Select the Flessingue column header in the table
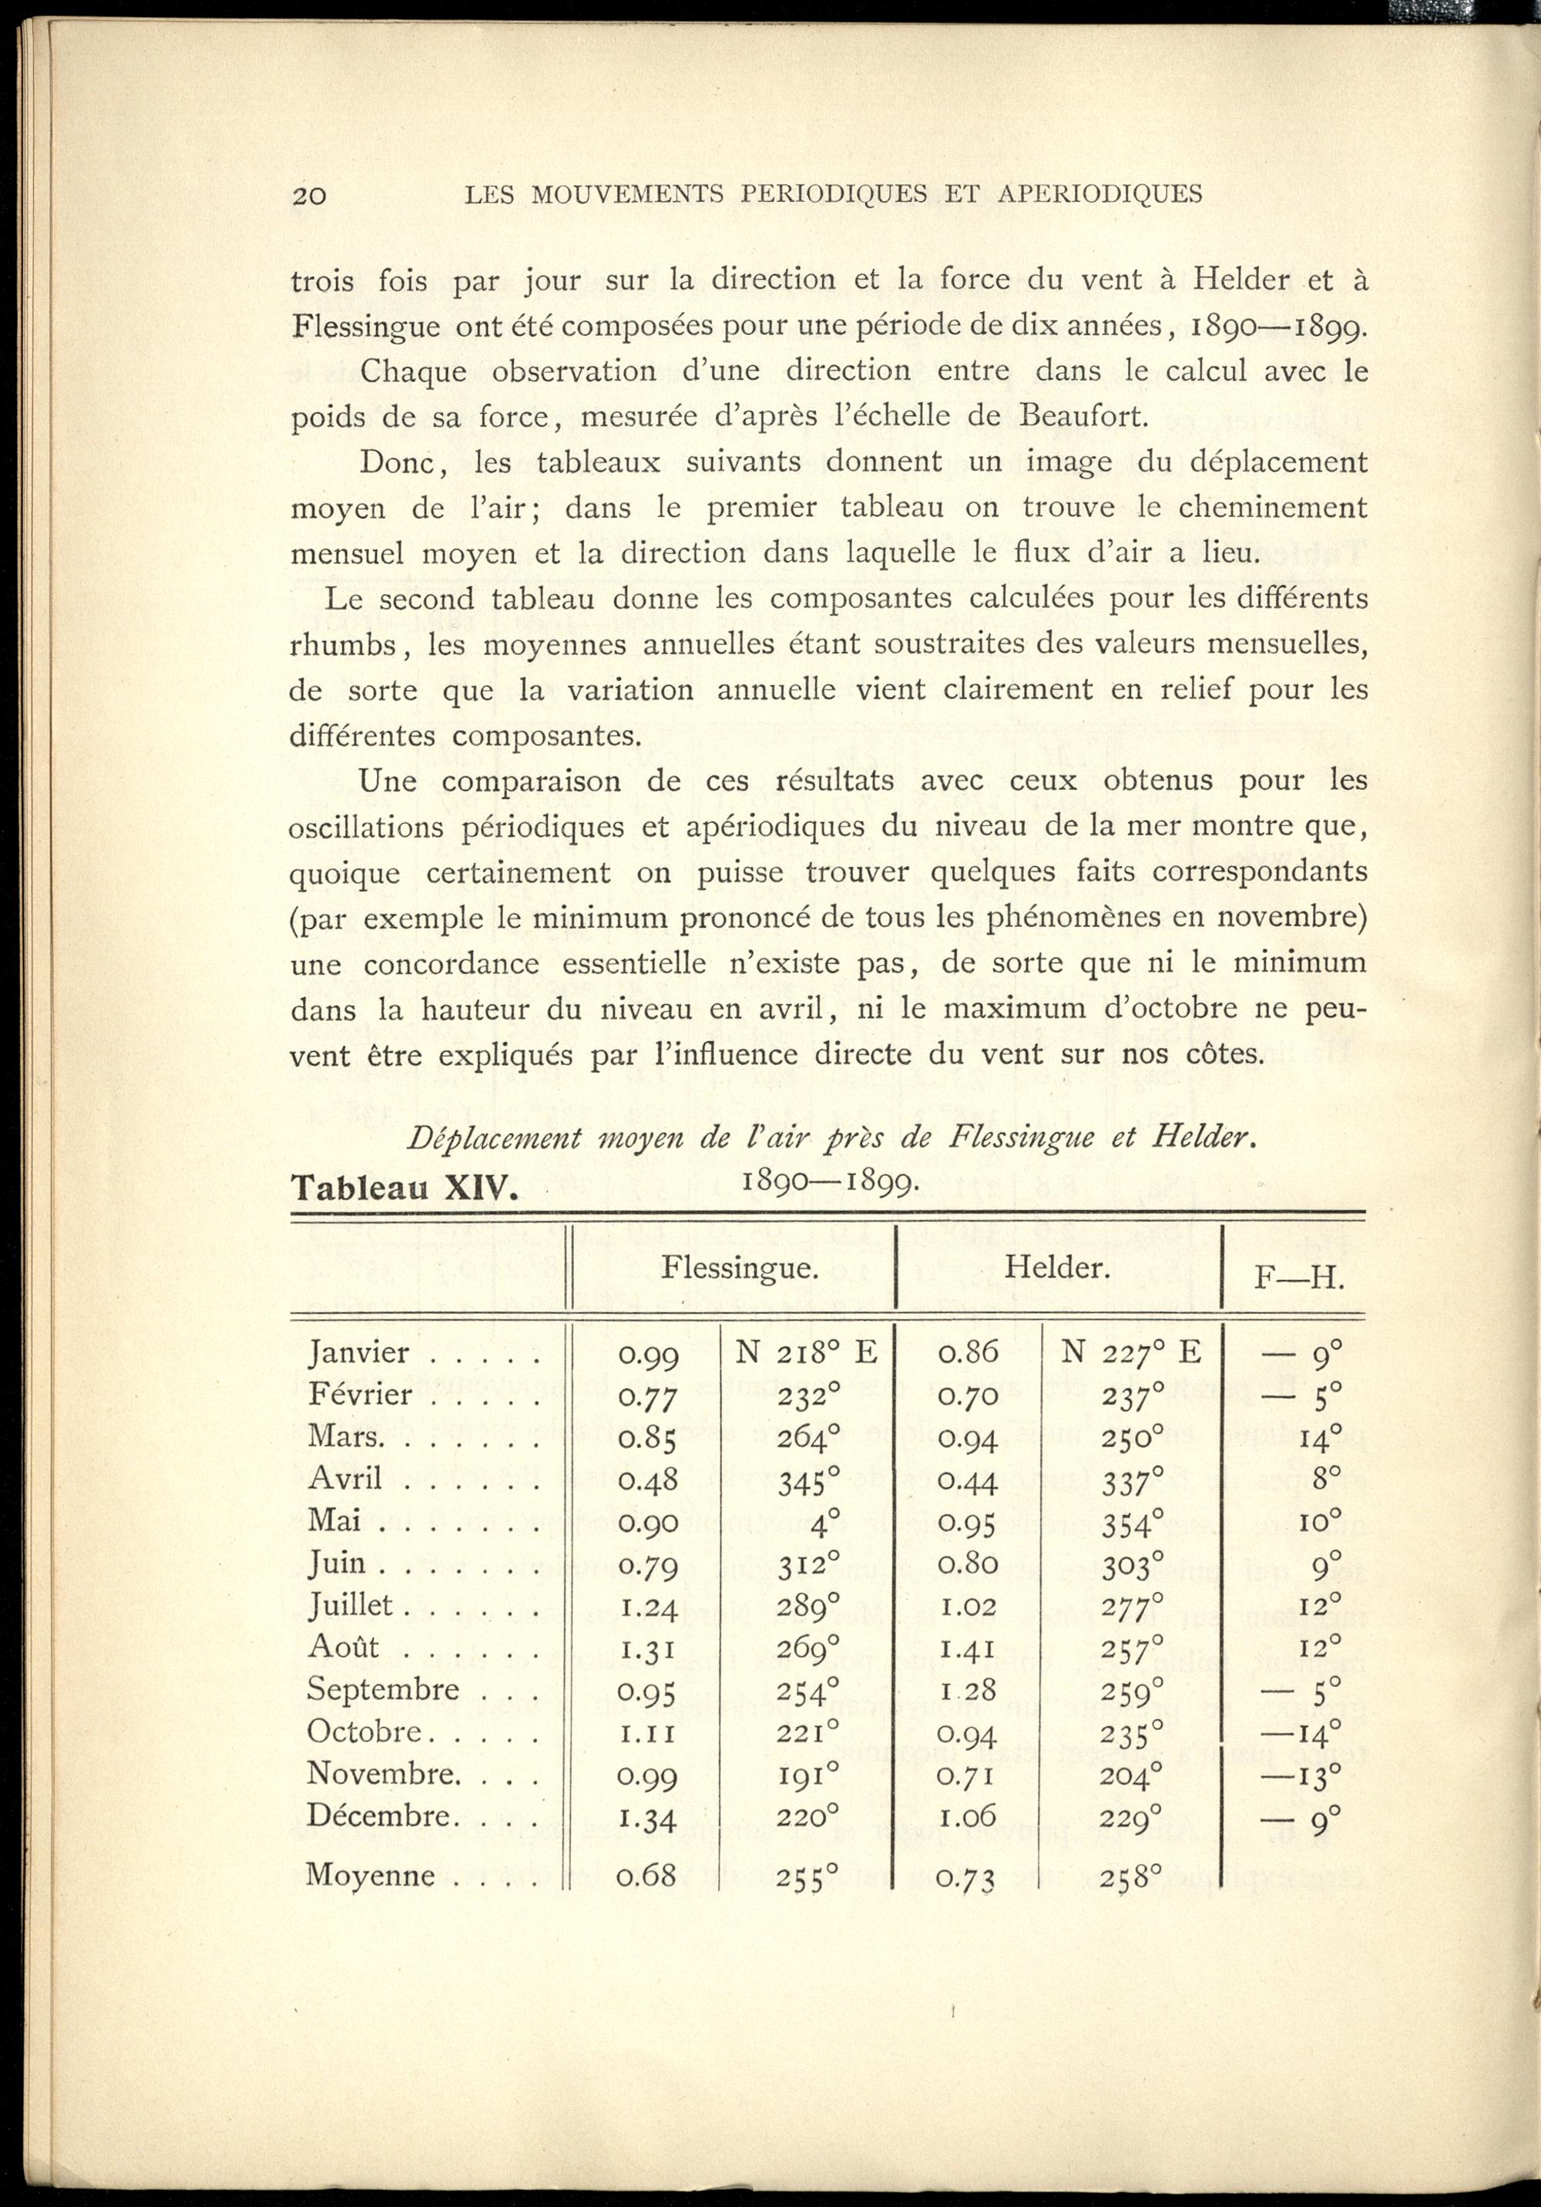(739, 1269)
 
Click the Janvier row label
(358, 1352)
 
